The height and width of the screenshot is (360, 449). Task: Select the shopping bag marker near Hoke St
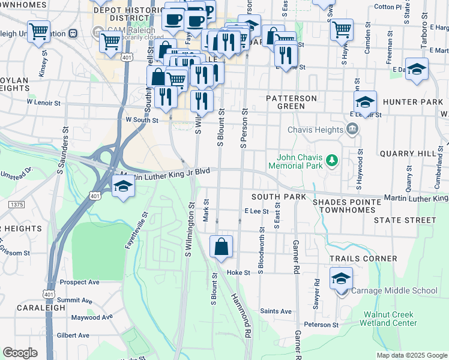click(221, 247)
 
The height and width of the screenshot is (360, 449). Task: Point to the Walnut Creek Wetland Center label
click(388, 318)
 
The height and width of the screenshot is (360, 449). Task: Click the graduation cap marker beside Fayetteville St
click(123, 186)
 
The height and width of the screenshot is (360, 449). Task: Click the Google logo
click(20, 353)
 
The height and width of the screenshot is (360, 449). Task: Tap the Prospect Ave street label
click(79, 282)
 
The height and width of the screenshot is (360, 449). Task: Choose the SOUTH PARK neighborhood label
click(279, 197)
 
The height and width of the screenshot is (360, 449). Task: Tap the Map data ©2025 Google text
click(412, 355)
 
